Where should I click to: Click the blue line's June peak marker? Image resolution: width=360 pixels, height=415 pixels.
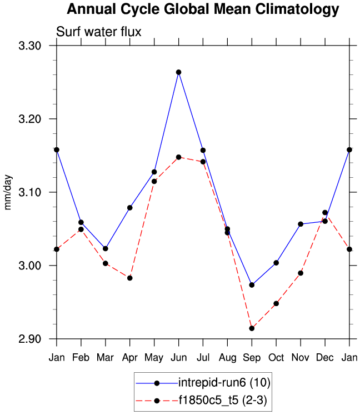pos(178,72)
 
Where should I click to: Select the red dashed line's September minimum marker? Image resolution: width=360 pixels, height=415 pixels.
pos(252,328)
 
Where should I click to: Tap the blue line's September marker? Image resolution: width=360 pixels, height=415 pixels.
pos(252,285)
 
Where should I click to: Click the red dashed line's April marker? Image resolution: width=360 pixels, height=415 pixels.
pos(130,278)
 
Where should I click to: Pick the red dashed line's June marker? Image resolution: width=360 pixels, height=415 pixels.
pos(178,157)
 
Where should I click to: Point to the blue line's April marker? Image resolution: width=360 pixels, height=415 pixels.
pos(130,208)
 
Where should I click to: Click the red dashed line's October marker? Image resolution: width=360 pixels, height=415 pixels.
pos(276,303)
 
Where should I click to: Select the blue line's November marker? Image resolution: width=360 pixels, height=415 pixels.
pos(301,224)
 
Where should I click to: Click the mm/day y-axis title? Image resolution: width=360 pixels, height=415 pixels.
pos(8,192)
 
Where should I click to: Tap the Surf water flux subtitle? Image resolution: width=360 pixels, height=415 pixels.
pos(99,32)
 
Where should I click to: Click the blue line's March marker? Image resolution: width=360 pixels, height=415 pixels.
pos(106,248)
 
